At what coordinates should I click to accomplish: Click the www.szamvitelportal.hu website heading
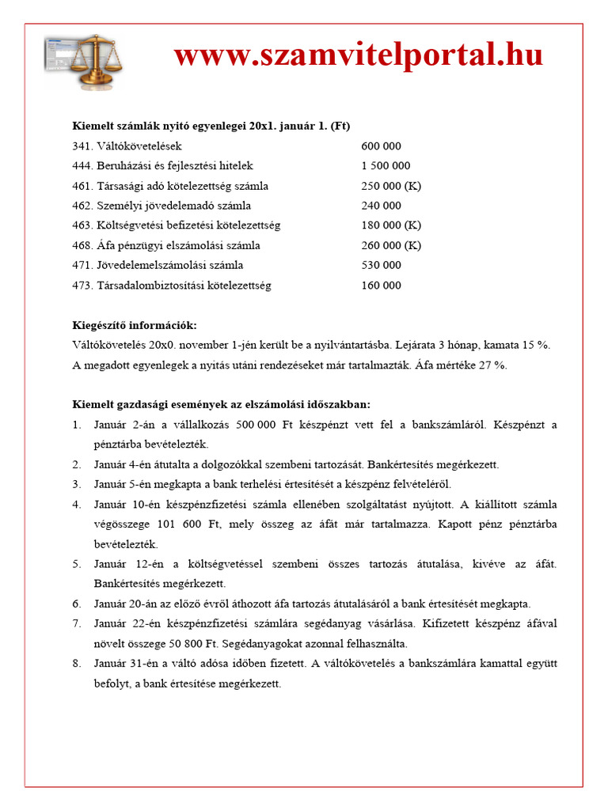(358, 55)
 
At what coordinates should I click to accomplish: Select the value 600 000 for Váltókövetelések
(381, 146)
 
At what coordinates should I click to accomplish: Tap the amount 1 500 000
(386, 166)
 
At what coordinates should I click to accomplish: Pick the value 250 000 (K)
(391, 186)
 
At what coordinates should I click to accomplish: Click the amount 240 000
(381, 206)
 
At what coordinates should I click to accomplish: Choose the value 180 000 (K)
(391, 225)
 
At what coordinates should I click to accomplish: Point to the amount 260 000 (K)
(391, 245)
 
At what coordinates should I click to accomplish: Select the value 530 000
(381, 265)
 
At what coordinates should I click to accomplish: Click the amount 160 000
(381, 285)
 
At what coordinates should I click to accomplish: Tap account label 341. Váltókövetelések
(127, 146)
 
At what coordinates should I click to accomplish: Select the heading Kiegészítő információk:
(134, 325)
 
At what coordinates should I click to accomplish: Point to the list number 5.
(77, 564)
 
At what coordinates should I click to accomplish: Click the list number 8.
(77, 664)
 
